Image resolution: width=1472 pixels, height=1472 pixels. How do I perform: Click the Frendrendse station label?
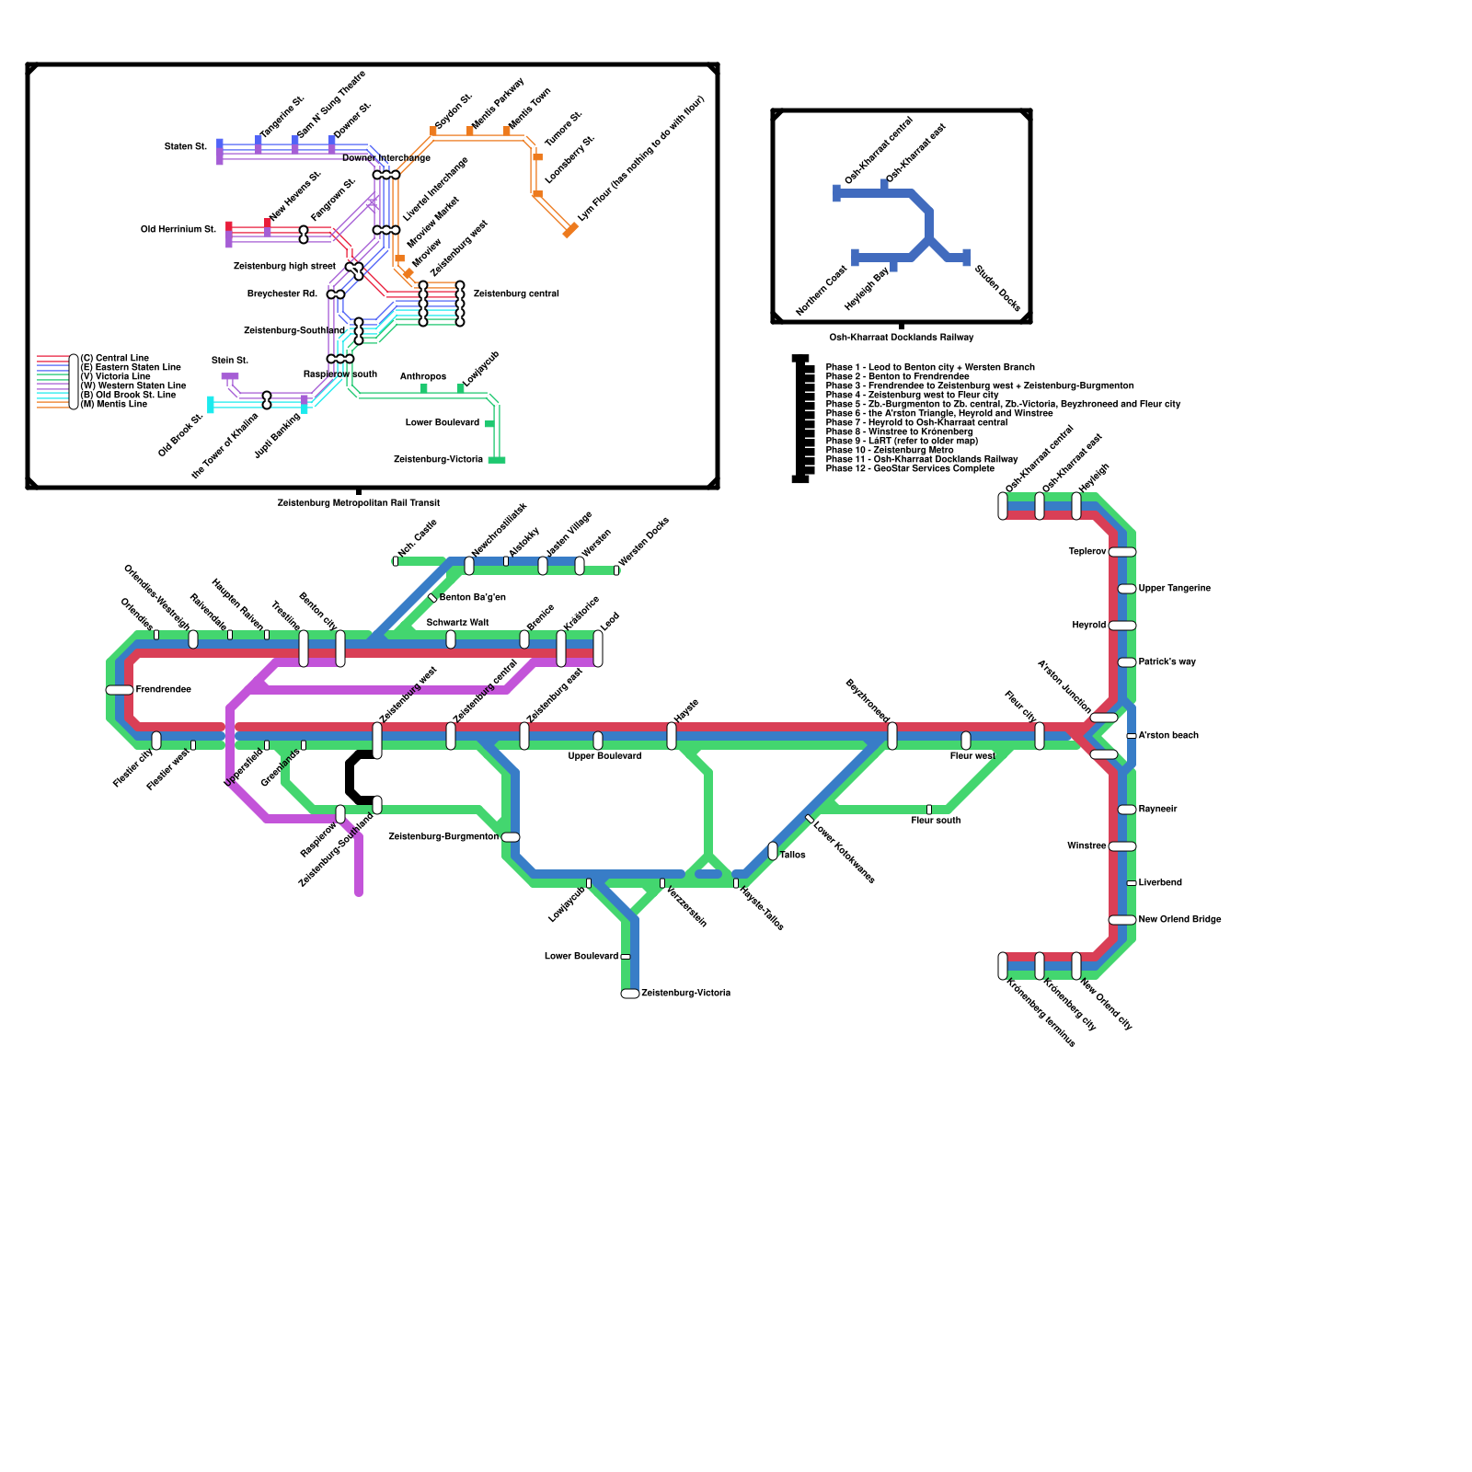tap(163, 690)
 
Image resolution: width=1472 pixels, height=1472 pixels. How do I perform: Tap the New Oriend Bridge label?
tap(1179, 920)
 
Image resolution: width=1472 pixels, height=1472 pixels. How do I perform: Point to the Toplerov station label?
tap(1087, 552)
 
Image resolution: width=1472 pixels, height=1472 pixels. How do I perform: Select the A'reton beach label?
tap(1168, 736)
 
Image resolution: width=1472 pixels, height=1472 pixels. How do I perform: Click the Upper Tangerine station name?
tap(1174, 589)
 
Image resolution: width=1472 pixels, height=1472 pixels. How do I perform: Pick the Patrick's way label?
tap(1167, 662)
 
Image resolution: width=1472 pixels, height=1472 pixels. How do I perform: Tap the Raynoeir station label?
tap(1157, 810)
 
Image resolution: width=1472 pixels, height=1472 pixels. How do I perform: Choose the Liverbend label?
tap(1160, 883)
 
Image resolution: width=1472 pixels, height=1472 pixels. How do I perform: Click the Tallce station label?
tap(792, 856)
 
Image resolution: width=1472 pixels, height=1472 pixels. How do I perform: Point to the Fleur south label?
tap(936, 821)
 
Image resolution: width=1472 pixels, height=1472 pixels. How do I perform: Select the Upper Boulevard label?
tap(604, 756)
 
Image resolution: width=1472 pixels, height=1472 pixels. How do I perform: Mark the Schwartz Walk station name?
tap(457, 623)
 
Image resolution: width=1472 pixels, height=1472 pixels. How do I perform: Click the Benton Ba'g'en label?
tap(472, 598)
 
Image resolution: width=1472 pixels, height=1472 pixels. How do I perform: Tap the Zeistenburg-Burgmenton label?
tap(443, 837)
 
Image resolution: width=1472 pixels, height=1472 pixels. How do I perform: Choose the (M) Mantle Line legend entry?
tap(114, 405)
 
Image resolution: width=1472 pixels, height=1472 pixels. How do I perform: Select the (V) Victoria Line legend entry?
tap(116, 377)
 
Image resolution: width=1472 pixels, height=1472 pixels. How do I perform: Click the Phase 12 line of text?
tap(909, 469)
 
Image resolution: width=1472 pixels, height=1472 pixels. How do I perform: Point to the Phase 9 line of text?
tap(902, 442)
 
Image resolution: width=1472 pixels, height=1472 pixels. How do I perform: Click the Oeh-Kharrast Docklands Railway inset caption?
tap(901, 338)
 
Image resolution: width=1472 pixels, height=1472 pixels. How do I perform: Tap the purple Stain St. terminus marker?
tap(230, 376)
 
